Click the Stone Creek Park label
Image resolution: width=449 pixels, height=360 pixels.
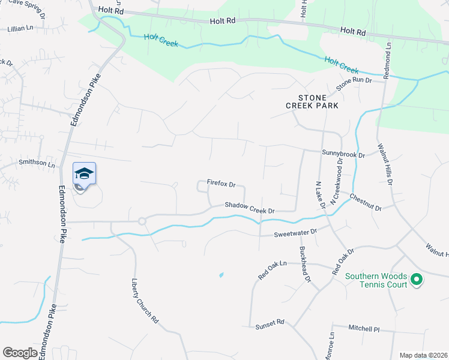312,101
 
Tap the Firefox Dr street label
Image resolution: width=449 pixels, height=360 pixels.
221,183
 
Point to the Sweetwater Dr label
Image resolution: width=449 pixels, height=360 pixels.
295,232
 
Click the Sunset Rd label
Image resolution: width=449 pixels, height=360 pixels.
270,323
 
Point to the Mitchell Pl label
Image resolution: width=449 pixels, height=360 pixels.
364,328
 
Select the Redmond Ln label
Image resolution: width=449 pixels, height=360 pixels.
389,53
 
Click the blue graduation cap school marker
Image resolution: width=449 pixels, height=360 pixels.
84,174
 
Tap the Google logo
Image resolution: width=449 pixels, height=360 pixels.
20,353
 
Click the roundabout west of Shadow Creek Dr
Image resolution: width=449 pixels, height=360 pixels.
142,221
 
